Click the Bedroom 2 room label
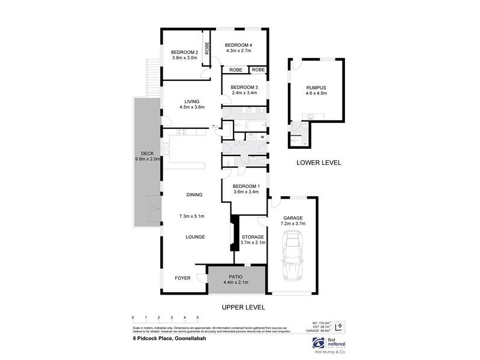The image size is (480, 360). coord(184,52)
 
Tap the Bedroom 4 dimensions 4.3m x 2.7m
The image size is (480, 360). coord(238,52)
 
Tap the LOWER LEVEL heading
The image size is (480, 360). coord(319,163)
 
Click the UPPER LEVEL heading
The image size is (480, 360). coord(244,307)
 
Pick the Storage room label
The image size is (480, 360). coord(253,237)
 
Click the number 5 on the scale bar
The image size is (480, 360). coord(197,316)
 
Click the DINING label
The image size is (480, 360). coord(194,194)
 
